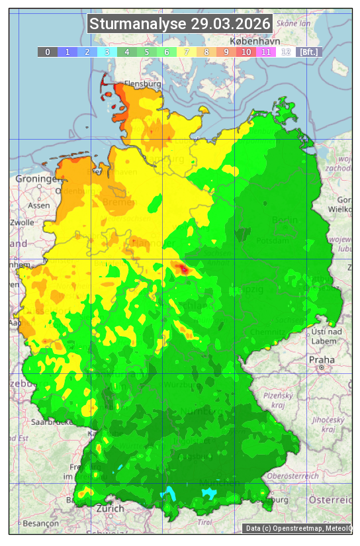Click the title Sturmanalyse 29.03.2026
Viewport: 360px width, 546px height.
pos(180,24)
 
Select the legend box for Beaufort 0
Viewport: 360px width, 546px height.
pos(47,52)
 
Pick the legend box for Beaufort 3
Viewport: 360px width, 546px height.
pos(107,52)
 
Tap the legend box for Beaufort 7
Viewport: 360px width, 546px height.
pos(187,52)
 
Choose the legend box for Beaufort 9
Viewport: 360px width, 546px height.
pos(226,52)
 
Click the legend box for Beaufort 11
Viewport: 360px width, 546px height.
pos(266,52)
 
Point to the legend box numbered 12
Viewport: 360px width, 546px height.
pos(286,52)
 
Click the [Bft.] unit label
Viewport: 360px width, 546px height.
pos(308,52)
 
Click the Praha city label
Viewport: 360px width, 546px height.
pos(321,359)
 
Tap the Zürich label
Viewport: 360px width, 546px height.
pos(110,508)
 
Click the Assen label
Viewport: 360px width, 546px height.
pos(40,205)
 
